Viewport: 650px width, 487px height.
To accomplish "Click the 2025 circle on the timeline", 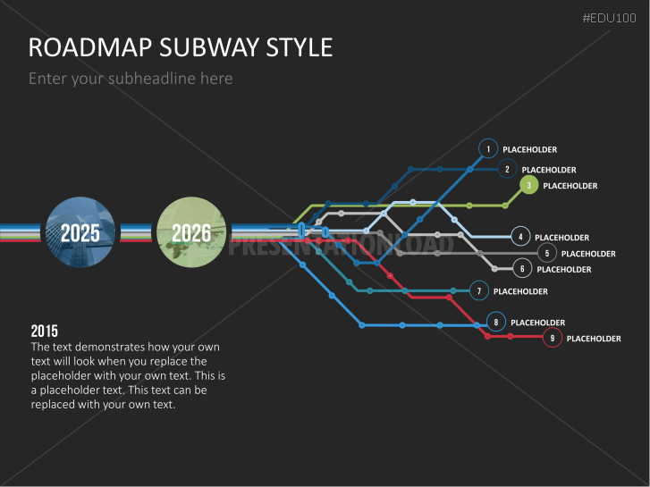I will pos(80,232).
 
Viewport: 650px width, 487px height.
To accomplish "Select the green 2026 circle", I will pos(190,232).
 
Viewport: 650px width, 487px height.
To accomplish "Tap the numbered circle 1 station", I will pos(488,149).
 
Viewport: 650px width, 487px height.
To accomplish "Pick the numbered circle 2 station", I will pos(507,169).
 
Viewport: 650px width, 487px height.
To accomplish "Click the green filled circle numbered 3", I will pos(528,186).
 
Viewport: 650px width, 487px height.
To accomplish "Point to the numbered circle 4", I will pos(520,237).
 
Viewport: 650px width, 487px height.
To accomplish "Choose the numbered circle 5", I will pos(546,254).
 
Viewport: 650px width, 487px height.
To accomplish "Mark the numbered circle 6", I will pos(523,268).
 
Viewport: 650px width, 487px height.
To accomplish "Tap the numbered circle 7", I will pos(479,290).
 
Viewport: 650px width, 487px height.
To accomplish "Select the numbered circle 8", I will pos(496,322).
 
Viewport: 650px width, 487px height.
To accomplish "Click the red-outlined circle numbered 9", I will pos(553,338).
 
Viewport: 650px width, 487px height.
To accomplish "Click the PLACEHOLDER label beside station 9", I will pos(594,339).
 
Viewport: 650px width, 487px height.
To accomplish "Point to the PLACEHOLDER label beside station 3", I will pos(570,186).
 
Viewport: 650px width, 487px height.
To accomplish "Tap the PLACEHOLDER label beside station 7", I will pos(520,291).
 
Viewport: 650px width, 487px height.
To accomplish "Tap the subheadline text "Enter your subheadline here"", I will pos(131,79).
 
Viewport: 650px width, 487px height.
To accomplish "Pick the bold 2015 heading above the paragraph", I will pos(45,331).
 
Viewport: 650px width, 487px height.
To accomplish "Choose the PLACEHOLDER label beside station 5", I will pos(588,254).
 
